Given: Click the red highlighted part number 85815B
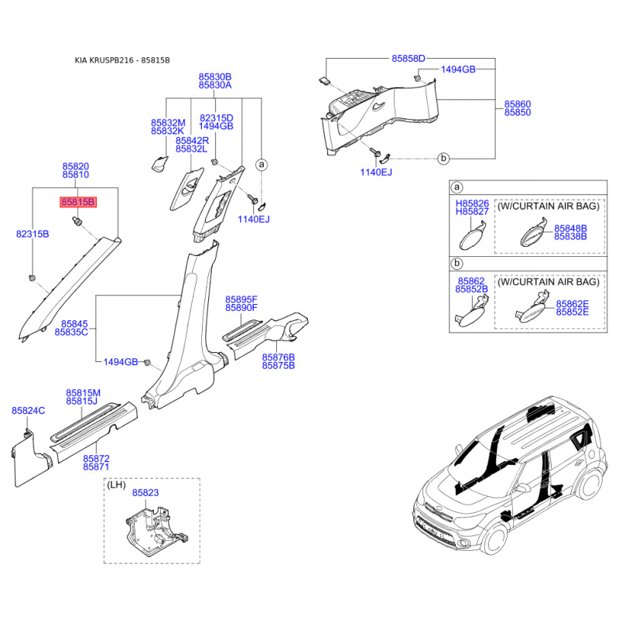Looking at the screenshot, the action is [78, 202].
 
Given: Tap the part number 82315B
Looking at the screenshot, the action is [32, 234].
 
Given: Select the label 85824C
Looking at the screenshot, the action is [28, 411].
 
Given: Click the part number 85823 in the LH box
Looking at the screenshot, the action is [145, 493].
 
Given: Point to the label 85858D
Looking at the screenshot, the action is [409, 59].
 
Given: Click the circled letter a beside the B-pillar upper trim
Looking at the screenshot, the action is [262, 164].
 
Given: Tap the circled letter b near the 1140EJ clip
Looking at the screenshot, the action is [443, 159].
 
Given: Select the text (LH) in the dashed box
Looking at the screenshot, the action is [116, 485].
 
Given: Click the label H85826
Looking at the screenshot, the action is [472, 203].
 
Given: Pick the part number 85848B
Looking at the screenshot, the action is [570, 228].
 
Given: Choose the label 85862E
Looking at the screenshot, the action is [573, 304].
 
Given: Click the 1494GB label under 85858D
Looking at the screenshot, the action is [458, 70].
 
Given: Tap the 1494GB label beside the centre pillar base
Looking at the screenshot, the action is [121, 362].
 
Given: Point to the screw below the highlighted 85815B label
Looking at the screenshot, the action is [77, 221].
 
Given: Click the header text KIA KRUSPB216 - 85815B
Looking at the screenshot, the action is [122, 60].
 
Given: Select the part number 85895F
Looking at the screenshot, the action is [241, 299].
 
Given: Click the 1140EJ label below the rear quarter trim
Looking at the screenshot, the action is [376, 172].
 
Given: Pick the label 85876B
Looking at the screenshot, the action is [279, 357].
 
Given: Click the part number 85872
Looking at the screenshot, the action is [96, 458].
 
